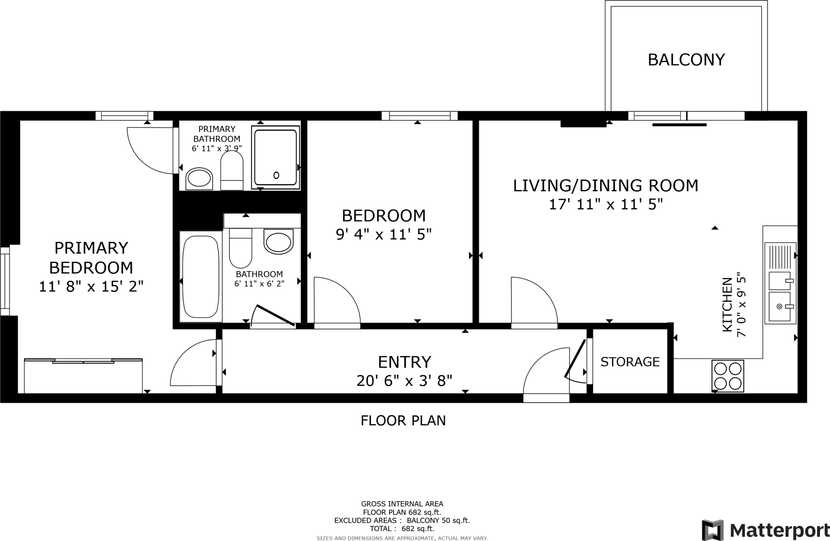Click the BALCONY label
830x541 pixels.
686,60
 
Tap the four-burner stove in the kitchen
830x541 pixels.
728,376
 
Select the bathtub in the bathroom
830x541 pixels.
201,277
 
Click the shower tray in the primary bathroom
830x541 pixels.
276,157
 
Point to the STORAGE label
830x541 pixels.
630,362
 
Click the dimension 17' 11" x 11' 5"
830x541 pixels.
605,205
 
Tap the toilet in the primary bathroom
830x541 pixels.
232,171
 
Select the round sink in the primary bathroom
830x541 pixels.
199,179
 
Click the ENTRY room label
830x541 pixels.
404,361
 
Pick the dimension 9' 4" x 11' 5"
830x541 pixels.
383,234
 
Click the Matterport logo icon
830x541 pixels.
713,530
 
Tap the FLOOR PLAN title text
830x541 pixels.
403,421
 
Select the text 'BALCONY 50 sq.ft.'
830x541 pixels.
438,521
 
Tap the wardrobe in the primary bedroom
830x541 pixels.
83,376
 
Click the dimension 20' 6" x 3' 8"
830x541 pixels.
404,381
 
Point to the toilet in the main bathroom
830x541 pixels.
241,248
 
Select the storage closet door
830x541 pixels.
575,361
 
